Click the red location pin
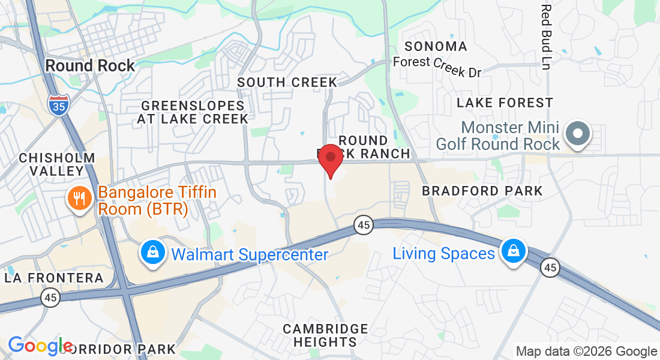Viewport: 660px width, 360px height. (x=330, y=158)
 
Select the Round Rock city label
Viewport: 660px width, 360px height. (x=91, y=65)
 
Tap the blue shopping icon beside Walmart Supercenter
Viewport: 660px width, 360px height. (x=154, y=253)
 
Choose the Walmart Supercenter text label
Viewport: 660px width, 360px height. (x=250, y=254)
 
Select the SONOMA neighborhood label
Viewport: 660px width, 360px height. (x=436, y=46)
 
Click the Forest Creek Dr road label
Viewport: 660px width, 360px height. (x=437, y=66)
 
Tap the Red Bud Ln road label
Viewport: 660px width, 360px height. (x=545, y=36)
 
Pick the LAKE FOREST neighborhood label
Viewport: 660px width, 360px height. (x=505, y=103)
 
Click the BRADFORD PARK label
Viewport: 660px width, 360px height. (x=482, y=191)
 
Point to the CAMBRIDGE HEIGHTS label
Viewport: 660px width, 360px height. (x=325, y=335)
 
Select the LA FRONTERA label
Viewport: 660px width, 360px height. (x=54, y=278)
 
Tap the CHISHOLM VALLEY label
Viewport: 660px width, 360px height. (x=57, y=164)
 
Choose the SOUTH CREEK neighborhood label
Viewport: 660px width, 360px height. (x=287, y=82)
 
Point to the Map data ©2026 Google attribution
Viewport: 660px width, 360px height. (x=586, y=352)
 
